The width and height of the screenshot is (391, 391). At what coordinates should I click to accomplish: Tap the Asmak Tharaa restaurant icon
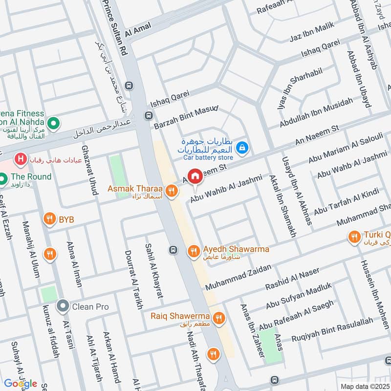click(x=171, y=192)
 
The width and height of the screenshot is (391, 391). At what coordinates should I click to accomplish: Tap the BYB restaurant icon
click(x=49, y=219)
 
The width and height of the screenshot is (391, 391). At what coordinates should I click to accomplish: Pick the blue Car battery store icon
click(x=241, y=147)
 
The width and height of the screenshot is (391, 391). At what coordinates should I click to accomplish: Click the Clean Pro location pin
click(x=63, y=307)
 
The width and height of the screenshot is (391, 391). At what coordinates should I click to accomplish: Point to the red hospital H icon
click(x=21, y=159)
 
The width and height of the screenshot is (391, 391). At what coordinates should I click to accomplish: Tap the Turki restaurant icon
click(x=354, y=238)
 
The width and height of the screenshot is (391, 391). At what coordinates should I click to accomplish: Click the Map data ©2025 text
click(x=364, y=387)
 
